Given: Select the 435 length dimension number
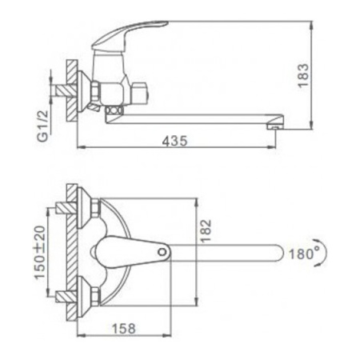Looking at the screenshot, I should pyautogui.click(x=174, y=141).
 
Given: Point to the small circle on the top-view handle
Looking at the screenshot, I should pyautogui.click(x=163, y=252).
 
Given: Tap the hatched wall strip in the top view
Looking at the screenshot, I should pyautogui.click(x=70, y=252).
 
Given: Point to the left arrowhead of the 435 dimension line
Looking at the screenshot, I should pyautogui.click(x=80, y=148).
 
